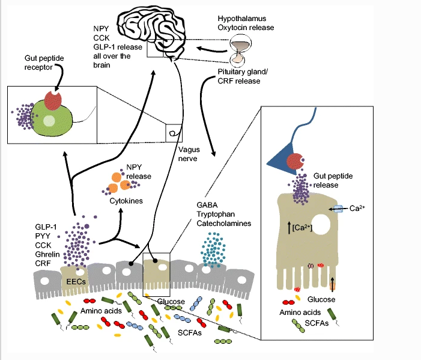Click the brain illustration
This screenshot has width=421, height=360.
[174, 30]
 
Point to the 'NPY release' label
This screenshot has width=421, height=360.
[138, 172]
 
